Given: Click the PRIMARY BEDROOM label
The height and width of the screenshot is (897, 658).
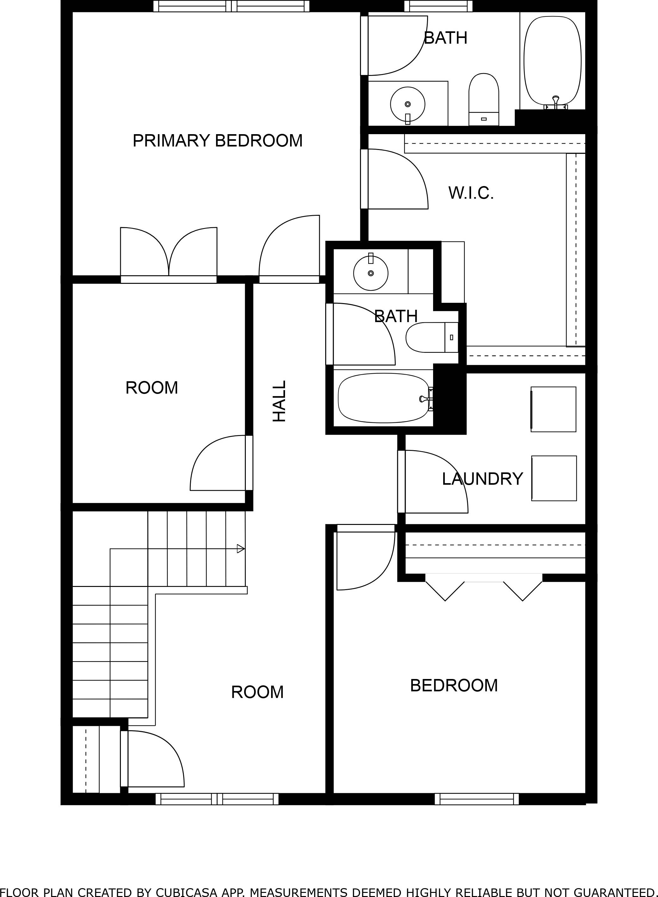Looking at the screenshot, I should point(217,140).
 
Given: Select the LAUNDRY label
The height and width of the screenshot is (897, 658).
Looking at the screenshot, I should point(482,479).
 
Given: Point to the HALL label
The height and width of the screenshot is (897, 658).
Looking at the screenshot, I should point(279,401).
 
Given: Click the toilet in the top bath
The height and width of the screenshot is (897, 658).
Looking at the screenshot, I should point(484,100).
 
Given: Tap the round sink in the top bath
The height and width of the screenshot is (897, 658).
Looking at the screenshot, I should point(407,104).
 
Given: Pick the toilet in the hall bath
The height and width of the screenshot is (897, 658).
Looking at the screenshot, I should point(430,337).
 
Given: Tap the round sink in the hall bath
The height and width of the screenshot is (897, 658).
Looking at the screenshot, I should point(371,273).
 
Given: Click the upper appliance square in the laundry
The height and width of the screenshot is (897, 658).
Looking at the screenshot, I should point(553,409).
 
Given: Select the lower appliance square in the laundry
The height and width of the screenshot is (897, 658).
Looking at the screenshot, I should point(554,478).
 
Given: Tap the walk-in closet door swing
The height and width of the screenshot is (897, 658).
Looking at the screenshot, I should point(398,179).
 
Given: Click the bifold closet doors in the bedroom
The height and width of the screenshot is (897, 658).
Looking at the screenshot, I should point(484,590).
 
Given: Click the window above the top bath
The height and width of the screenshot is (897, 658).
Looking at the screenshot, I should point(438,6).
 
